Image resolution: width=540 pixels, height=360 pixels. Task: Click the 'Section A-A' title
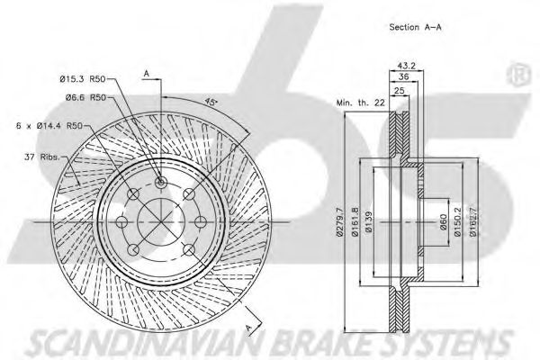pyautogui.click(x=415, y=28)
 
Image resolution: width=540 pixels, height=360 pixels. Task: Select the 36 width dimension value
pyautogui.click(x=404, y=78)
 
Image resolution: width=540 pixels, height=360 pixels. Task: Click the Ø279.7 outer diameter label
pyautogui.click(x=340, y=221)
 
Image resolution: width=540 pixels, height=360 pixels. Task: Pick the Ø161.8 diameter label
pyautogui.click(x=355, y=221)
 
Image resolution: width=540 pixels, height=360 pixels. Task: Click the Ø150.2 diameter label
pyautogui.click(x=457, y=221)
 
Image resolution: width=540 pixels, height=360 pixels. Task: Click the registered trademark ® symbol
pyautogui.click(x=518, y=73)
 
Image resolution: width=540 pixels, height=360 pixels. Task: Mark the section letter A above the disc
pyautogui.click(x=146, y=73)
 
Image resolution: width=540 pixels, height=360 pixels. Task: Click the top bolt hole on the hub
pyautogui.click(x=160, y=183)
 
